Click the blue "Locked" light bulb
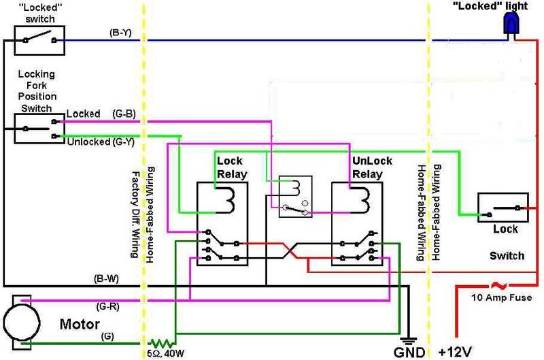(509, 24)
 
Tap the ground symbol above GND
(407, 340)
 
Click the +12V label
(455, 351)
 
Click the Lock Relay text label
(229, 167)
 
